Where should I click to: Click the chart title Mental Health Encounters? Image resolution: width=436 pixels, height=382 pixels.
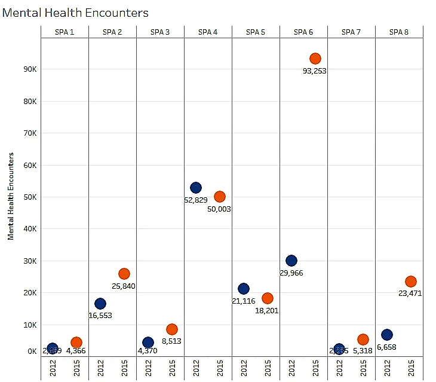[x=75, y=13]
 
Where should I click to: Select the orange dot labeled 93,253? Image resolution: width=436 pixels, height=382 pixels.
[x=315, y=59]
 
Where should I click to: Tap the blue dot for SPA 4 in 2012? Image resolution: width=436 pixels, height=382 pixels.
[x=196, y=188]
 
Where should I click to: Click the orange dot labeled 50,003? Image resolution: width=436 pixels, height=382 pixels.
[x=220, y=197]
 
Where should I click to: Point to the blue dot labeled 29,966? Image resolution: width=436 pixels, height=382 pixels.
[x=291, y=261]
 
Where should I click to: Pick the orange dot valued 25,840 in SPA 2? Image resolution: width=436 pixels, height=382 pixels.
[x=124, y=274]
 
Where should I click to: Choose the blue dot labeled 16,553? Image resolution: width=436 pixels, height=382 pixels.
[x=100, y=304]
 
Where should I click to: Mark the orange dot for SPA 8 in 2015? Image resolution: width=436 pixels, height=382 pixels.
[x=411, y=282]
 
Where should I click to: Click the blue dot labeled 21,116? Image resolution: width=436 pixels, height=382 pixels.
[x=244, y=289]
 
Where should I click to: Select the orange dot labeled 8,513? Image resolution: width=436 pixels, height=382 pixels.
[x=172, y=329]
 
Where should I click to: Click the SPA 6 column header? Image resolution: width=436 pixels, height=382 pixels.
[x=303, y=32]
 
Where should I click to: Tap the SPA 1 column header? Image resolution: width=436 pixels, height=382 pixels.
[x=65, y=32]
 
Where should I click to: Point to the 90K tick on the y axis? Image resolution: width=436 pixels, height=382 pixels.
[x=30, y=69]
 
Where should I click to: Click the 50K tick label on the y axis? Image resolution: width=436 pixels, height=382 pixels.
[x=30, y=197]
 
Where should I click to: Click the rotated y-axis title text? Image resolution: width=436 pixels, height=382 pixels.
[x=11, y=196]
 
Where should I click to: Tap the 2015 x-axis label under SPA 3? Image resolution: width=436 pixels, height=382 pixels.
[x=172, y=368]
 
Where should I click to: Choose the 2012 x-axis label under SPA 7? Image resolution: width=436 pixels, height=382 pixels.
[x=339, y=368]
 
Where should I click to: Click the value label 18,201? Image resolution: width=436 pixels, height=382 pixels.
[x=266, y=310]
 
